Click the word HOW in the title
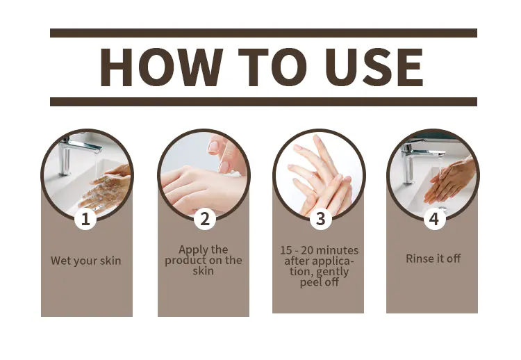[161, 67]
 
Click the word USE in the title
[374, 67]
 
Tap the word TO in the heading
[272, 67]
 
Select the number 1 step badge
[85, 219]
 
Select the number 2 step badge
[205, 219]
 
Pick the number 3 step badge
[321, 219]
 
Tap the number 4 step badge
[434, 219]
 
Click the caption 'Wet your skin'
[85, 261]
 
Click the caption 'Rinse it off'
[433, 259]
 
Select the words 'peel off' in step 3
[320, 282]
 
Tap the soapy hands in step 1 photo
[104, 190]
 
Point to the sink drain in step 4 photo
[443, 208]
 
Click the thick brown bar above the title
[263, 33]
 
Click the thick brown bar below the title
[263, 101]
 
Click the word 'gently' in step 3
[332, 272]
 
